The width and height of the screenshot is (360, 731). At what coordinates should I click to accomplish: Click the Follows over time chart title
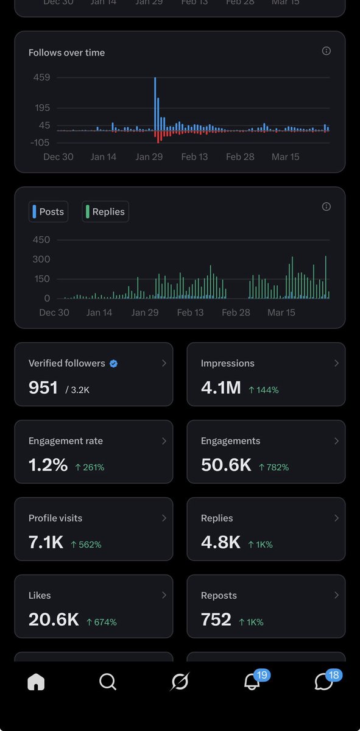pos(66,52)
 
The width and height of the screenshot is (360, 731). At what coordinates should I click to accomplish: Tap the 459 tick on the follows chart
pos(42,77)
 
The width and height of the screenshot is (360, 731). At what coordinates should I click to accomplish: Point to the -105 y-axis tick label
pos(40,143)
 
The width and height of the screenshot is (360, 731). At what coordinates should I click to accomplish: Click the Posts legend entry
pos(48,211)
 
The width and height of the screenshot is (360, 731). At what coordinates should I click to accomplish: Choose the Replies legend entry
pos(105,211)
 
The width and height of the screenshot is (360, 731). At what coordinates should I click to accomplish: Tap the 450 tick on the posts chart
pos(41,239)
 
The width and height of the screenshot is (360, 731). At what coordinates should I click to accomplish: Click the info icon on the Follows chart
pos(326,51)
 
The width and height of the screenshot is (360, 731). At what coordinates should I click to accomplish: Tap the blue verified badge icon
pos(113,364)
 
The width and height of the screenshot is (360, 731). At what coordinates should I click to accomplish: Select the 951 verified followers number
pos(43,387)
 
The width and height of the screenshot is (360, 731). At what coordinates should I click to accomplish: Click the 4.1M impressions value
pos(221,387)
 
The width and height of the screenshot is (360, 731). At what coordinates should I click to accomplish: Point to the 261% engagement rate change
pos(90,467)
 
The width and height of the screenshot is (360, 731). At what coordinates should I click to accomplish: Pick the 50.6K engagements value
pos(226,465)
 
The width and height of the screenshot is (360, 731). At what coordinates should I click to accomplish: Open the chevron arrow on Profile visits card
pos(164,518)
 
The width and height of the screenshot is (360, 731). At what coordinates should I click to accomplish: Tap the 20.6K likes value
pos(54,620)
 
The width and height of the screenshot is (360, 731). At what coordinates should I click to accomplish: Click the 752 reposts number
pos(216,620)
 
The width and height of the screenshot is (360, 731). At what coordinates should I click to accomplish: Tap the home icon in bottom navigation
pos(36,682)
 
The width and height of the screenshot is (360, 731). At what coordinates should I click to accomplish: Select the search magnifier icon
pos(108,682)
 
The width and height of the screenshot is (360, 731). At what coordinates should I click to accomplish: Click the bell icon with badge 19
pos(252,682)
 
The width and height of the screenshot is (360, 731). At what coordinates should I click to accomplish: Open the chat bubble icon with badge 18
pos(323,682)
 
